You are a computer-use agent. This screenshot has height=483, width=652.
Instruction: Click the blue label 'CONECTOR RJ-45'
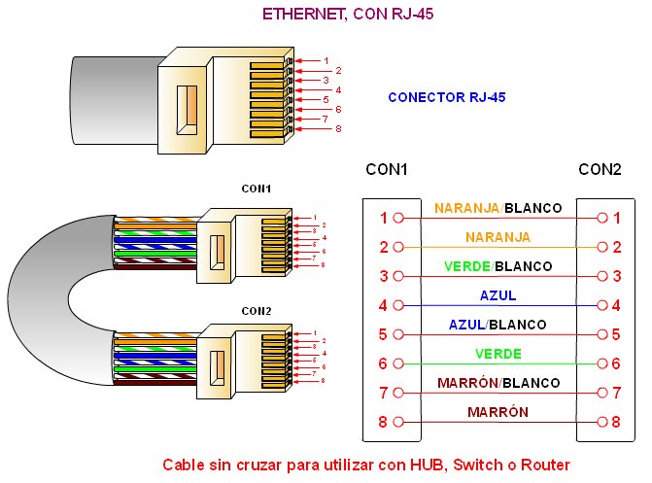[446, 97]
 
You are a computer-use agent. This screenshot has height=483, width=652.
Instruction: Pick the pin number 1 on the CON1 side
[384, 219]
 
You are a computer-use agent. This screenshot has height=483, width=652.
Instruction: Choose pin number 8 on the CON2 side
[616, 423]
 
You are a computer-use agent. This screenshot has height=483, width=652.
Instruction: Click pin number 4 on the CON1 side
[384, 306]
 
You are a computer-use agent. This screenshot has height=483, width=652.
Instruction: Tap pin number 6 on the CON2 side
[616, 364]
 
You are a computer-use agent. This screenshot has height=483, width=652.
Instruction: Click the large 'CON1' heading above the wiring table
[386, 169]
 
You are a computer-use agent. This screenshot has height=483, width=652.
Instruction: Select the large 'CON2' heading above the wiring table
[600, 169]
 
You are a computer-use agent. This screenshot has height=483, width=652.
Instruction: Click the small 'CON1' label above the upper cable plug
[257, 188]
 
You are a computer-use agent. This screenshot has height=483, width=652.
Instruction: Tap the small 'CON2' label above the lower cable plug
[257, 311]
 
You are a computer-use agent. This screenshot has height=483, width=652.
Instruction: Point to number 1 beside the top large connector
[326, 60]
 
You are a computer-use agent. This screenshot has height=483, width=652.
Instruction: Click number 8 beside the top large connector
[338, 128]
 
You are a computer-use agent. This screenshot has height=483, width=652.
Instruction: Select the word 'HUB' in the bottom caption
[424, 465]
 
